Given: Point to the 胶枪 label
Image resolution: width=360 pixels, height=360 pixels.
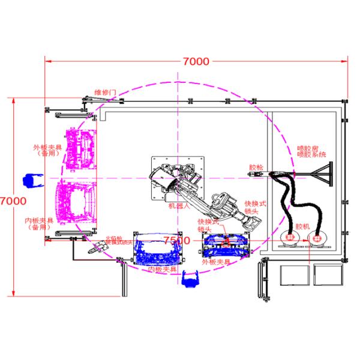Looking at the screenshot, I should coord(256,167).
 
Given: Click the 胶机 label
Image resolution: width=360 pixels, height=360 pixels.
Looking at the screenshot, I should coord(304,227).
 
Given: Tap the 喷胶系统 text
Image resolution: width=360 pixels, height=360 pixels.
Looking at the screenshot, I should coord(312,154).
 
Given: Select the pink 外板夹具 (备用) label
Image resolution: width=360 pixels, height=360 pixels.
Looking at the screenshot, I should coord(46,149).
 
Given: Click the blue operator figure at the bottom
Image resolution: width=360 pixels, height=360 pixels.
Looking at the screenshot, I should coord(191,279).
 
